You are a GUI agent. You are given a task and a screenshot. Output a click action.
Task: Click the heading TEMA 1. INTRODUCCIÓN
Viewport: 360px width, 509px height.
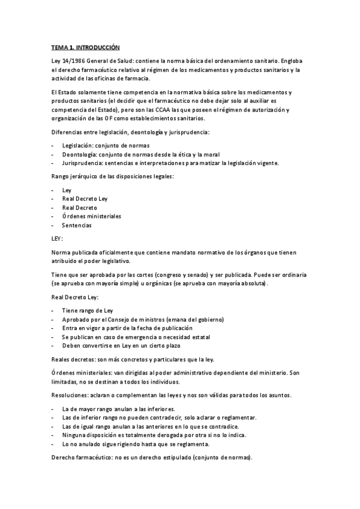click(85, 46)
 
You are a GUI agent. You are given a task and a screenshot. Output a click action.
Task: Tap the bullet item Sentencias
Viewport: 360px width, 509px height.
click(77, 225)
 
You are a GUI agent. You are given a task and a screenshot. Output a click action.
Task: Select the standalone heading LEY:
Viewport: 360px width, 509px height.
click(58, 238)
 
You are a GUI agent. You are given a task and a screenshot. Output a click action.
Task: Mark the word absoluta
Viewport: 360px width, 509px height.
click(253, 283)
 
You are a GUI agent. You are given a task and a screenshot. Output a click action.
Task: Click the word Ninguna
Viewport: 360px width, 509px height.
click(74, 435)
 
